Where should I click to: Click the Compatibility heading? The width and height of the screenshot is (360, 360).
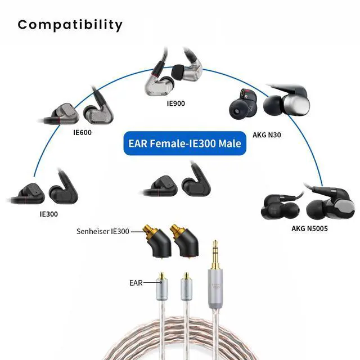pyautogui.click(x=70, y=25)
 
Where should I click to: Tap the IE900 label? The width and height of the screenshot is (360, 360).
pyautogui.click(x=175, y=103)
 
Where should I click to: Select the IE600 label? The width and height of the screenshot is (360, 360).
pyautogui.click(x=82, y=133)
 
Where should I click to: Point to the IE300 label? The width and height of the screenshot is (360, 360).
pyautogui.click(x=48, y=214)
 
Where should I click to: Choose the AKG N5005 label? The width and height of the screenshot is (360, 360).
pyautogui.click(x=309, y=228)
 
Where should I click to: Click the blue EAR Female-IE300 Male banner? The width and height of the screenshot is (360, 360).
pyautogui.click(x=183, y=143)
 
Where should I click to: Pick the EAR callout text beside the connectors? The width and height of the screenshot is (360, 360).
pyautogui.click(x=136, y=284)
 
